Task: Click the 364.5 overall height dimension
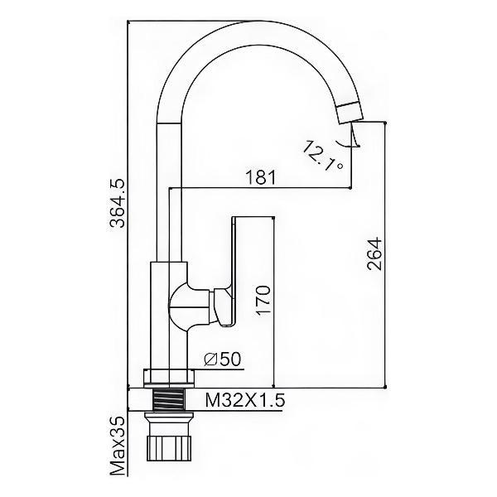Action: (x=117, y=204)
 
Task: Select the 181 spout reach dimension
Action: (x=261, y=178)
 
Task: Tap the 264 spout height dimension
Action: (x=374, y=254)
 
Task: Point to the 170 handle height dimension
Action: (x=263, y=301)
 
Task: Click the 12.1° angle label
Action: (x=322, y=156)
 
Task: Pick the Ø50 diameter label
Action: (x=223, y=359)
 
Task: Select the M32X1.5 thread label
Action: (x=245, y=400)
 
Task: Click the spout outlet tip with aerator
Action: (x=350, y=113)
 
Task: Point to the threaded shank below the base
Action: (x=168, y=400)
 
